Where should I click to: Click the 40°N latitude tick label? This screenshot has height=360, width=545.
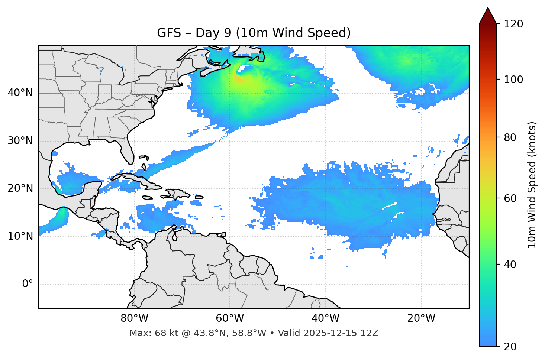point(20,93)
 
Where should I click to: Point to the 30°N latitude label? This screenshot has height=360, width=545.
point(20,141)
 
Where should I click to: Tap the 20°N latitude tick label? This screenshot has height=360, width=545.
point(20,188)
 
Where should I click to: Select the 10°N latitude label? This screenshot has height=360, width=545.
point(20,236)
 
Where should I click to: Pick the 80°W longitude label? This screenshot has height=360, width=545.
point(134,318)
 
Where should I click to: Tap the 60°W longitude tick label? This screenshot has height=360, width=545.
point(230,318)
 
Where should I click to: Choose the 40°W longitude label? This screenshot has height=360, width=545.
point(325,318)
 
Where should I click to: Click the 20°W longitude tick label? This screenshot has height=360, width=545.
point(421,318)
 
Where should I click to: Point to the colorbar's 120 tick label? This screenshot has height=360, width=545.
point(513,24)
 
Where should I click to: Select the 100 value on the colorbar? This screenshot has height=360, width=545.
point(513,80)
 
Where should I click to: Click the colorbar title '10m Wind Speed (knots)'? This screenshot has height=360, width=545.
point(532,185)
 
